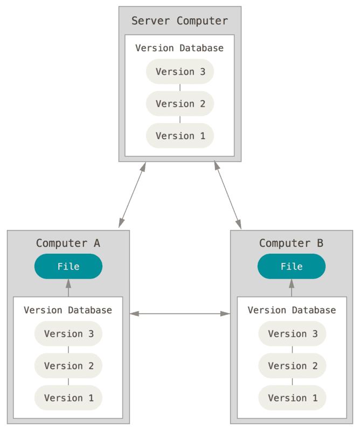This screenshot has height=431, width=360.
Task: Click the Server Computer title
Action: click(x=179, y=21)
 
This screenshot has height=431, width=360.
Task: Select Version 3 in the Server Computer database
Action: click(x=180, y=72)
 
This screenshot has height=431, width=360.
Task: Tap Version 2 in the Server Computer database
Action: click(x=180, y=103)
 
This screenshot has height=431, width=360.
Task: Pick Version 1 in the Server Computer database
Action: click(x=180, y=136)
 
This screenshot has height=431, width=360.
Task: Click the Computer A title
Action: click(x=68, y=244)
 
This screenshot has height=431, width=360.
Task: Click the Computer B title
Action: click(x=291, y=244)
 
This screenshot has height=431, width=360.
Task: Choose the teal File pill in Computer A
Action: click(x=68, y=266)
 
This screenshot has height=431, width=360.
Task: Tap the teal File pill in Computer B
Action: click(x=292, y=266)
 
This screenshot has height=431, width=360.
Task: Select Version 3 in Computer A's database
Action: click(x=68, y=333)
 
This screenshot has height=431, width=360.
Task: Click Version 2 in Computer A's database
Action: click(x=68, y=366)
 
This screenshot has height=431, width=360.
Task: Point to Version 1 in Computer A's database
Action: click(x=68, y=398)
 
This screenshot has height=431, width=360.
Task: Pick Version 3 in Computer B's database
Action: click(x=292, y=333)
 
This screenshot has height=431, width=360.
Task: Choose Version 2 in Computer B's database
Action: click(x=292, y=366)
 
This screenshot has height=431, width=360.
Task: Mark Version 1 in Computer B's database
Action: click(x=292, y=398)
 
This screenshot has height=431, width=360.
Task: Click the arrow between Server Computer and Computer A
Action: click(x=132, y=195)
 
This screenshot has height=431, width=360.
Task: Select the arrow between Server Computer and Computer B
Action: click(x=228, y=195)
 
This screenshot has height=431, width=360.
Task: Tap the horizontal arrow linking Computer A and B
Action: click(x=180, y=314)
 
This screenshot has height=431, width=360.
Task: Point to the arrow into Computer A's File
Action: click(x=68, y=288)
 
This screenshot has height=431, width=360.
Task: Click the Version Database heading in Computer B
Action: click(x=292, y=310)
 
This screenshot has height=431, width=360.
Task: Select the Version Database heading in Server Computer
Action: click(x=179, y=48)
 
